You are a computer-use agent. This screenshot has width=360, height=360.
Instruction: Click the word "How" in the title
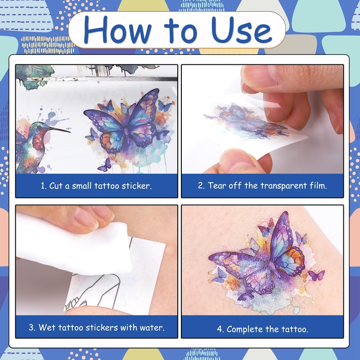click(117, 30)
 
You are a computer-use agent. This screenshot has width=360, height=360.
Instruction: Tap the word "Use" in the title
click(242, 30)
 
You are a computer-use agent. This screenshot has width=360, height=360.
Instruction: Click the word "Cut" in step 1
click(56, 185)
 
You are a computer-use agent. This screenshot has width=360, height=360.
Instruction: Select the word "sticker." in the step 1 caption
click(137, 186)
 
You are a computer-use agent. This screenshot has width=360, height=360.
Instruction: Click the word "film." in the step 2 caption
click(318, 185)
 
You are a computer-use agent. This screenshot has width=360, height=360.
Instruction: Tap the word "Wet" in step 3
click(47, 327)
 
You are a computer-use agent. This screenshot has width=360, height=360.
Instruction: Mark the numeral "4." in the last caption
click(220, 329)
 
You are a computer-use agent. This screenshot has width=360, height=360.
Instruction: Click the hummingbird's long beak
click(59, 130)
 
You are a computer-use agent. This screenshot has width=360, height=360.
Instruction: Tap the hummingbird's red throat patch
click(38, 139)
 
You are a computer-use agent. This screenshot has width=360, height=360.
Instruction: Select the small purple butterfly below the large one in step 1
click(105, 165)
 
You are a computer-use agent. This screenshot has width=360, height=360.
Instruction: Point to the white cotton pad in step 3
click(73, 246)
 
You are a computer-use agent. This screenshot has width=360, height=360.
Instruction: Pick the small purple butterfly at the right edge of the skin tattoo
click(316, 275)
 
